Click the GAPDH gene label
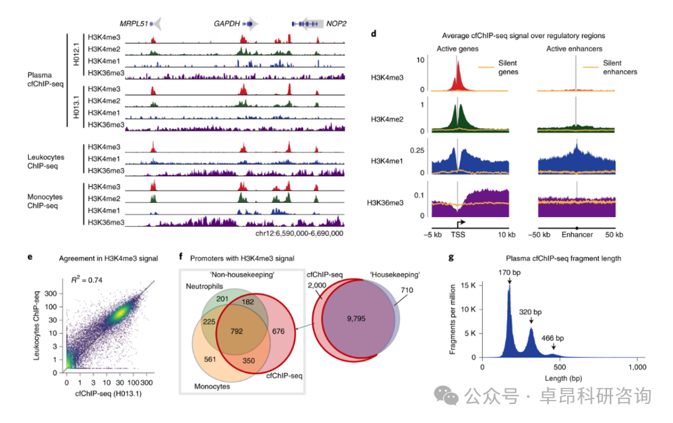tap(227, 23)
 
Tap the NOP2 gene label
tap(334, 23)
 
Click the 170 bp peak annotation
tap(509, 271)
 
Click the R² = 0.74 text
tap(89, 280)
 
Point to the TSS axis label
tap(457, 233)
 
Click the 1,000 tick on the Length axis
tap(637, 367)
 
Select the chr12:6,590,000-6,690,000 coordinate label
tap(300, 232)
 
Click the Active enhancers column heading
tap(574, 48)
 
